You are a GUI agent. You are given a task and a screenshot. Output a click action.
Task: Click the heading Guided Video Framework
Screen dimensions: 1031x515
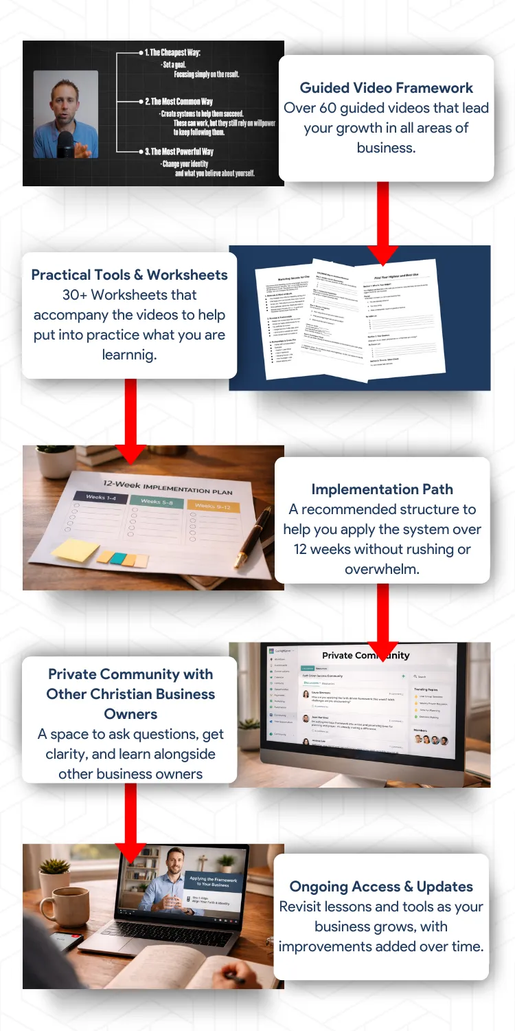coord(386,88)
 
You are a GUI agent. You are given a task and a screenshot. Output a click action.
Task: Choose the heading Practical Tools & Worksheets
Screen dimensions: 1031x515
coord(129,275)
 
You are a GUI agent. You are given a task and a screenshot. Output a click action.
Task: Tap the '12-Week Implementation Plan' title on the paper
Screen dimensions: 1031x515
coord(167,486)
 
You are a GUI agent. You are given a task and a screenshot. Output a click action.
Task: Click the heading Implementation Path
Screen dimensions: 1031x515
coord(382,489)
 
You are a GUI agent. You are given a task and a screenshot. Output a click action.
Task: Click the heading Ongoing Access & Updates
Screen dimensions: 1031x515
coord(381,887)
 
